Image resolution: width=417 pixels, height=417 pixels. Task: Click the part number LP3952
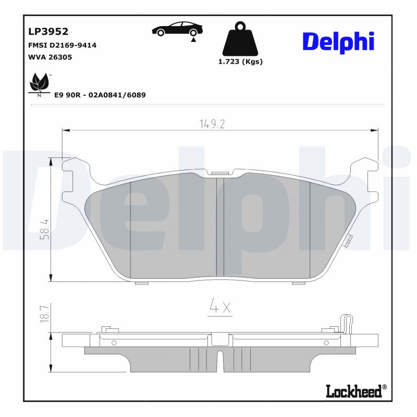(x=48, y=31)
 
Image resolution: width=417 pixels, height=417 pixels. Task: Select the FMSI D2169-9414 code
(x=62, y=45)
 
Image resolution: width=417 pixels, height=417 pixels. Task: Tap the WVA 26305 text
(x=50, y=57)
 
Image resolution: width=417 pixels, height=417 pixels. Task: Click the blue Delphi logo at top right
(x=338, y=42)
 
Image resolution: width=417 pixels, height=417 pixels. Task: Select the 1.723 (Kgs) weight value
(x=240, y=62)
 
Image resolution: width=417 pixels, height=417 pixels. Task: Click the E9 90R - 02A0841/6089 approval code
(x=100, y=95)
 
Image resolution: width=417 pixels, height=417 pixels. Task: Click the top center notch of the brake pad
(x=220, y=173)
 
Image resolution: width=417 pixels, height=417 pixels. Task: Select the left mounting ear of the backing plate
(x=73, y=172)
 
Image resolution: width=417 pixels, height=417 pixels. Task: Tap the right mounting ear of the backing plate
(x=365, y=172)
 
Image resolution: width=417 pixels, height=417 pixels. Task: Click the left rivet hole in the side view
(x=114, y=342)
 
